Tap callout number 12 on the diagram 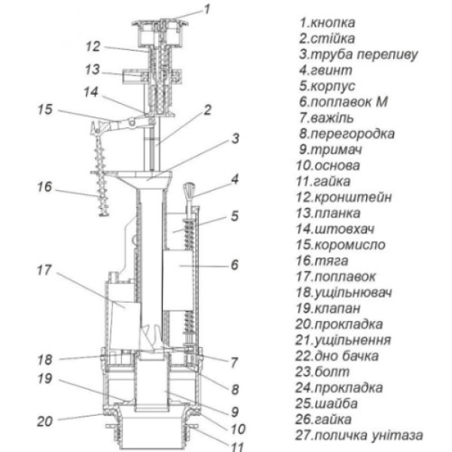coord(93,46)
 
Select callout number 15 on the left coord(44,111)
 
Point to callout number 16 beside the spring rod coord(44,185)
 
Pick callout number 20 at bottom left coord(44,420)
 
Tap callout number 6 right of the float coord(234,265)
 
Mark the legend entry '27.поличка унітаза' coord(359,435)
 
